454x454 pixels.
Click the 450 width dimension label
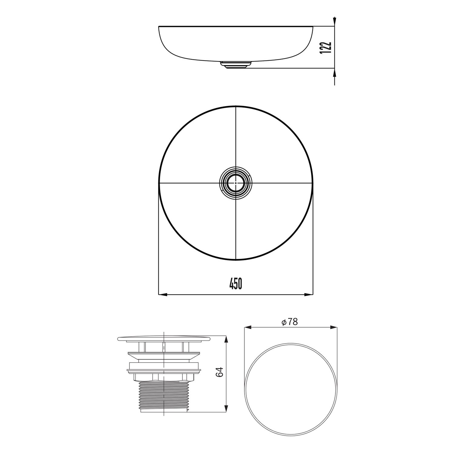click(236, 284)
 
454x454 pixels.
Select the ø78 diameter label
click(290, 322)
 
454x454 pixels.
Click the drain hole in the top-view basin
click(235, 183)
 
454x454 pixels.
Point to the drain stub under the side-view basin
click(235, 65)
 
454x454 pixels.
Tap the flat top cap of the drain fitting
click(163, 338)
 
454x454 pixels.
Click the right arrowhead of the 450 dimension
click(309, 294)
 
